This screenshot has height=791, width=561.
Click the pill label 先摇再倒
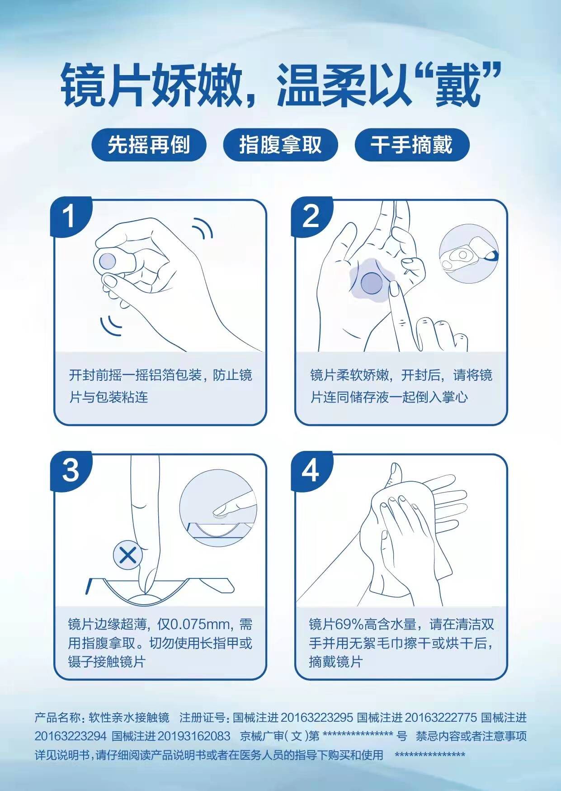point(149,145)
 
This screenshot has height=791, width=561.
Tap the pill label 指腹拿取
point(280,145)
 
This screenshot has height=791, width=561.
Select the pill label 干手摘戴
point(412,145)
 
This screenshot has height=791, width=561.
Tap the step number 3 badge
point(70,471)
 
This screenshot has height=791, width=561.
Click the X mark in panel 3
point(128,556)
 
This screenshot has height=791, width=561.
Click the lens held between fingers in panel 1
point(108,260)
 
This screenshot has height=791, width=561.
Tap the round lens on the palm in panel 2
point(372,283)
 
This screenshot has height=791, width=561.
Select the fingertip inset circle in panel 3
point(218,507)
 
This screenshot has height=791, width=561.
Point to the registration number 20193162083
point(194,736)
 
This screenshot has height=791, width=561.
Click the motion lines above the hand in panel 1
point(203,228)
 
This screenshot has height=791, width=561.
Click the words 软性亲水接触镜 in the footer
point(129,718)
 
